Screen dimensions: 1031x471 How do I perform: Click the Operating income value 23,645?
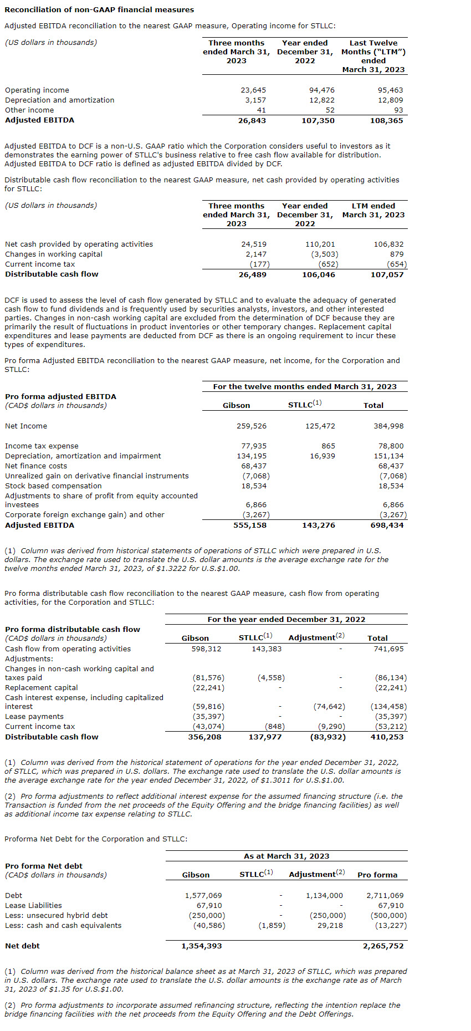pos(253,90)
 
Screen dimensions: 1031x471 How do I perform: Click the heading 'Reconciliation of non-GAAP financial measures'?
pos(99,9)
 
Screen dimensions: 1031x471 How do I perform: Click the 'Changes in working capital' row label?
pos(54,254)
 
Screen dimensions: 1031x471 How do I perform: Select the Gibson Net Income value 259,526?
pos(252,426)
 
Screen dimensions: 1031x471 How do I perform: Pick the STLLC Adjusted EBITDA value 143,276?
pos(319,525)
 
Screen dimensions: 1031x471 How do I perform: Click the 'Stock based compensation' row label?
pos(53,486)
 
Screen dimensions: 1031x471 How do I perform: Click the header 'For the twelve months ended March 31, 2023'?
pos(305,386)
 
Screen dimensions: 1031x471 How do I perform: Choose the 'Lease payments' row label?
pos(34,716)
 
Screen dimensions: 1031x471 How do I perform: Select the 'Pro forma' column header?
pos(377,875)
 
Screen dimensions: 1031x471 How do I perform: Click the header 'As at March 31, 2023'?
pos(286,856)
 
